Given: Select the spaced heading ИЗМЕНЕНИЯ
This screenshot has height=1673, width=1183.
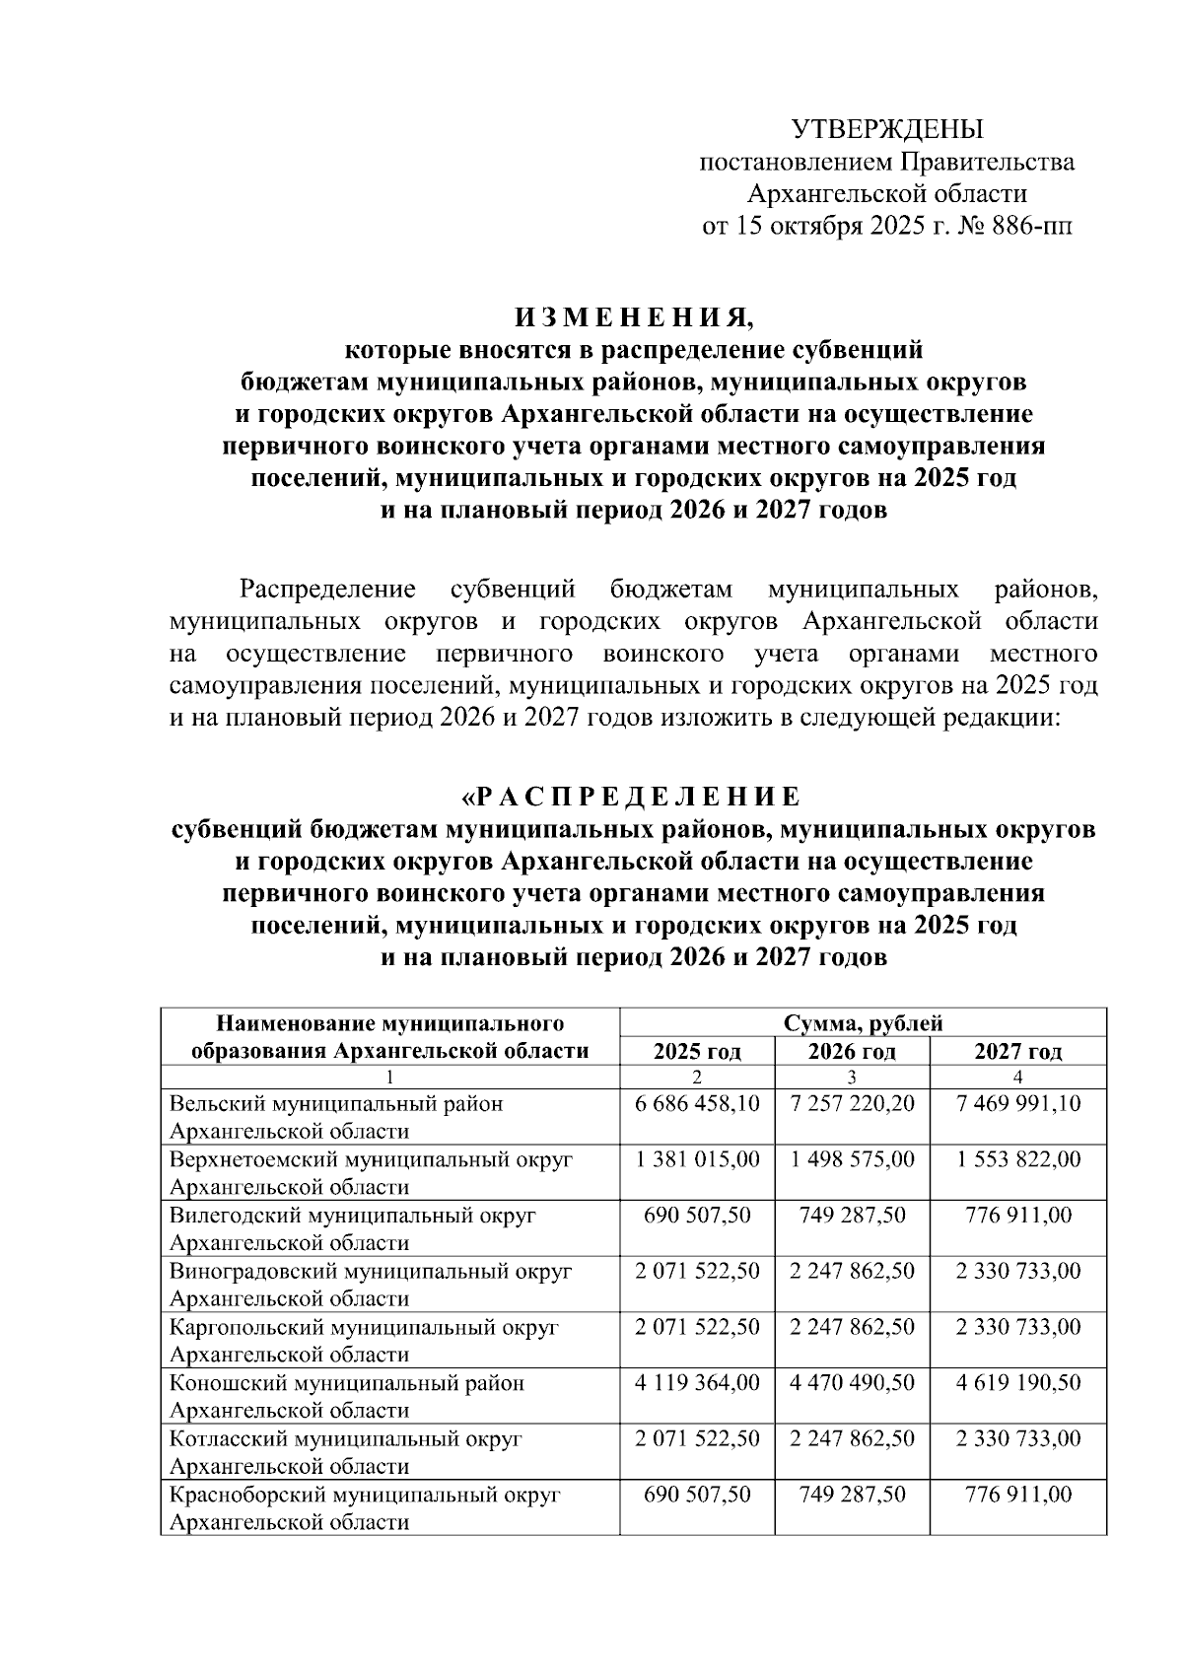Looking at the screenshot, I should point(632,317).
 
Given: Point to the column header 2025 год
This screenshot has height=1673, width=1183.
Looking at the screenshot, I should point(697,1051).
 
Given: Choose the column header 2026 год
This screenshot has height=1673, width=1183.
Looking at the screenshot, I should point(852,1051).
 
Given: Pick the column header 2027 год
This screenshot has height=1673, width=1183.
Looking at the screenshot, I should point(1018,1051).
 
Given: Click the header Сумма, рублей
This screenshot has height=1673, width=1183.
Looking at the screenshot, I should point(863,1023).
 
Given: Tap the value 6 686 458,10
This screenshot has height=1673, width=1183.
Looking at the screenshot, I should point(698,1103).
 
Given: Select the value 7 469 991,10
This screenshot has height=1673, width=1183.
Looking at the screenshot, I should point(1018,1103).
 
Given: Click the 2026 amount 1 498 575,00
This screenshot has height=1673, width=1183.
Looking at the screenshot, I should point(852,1159).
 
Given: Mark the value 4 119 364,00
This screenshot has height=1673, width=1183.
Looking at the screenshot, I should point(698,1382).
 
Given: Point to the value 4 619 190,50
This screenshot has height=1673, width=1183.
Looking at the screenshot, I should point(1018,1382).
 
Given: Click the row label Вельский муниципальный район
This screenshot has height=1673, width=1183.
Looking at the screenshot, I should point(336,1103).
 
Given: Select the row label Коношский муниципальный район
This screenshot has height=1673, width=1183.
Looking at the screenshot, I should point(347,1382).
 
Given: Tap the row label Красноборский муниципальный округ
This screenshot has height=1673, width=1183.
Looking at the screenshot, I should point(366,1495).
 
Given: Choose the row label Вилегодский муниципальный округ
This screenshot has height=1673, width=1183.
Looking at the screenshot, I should point(353,1215).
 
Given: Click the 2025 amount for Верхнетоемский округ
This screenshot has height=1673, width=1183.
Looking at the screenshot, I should point(698,1159).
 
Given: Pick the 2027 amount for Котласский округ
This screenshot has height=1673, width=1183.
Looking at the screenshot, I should point(1018,1438).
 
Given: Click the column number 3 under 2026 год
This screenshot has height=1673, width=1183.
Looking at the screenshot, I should point(852,1076).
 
